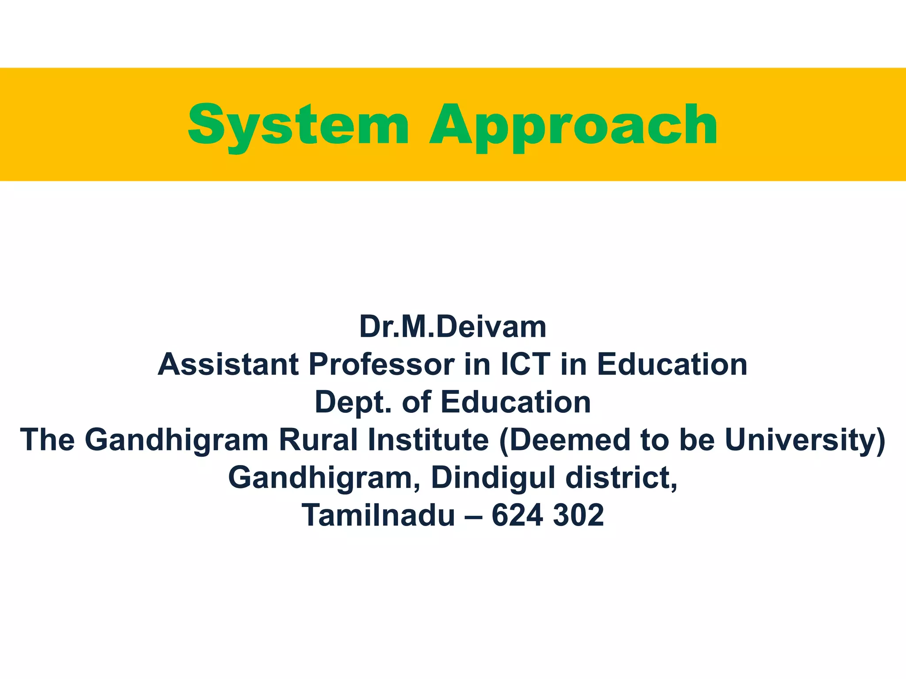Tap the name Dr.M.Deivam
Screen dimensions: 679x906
[453, 327]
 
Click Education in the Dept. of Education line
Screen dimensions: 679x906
[515, 402]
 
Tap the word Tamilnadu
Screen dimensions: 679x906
[378, 515]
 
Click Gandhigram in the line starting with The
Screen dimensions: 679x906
[177, 440]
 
